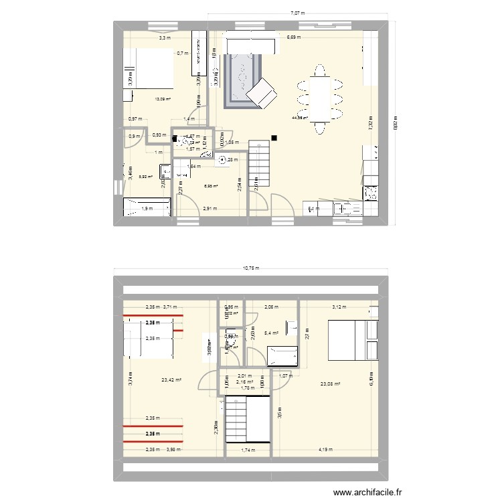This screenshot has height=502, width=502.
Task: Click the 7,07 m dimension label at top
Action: pyautogui.click(x=298, y=13)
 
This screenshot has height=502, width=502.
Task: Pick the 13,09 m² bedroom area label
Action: pyautogui.click(x=163, y=100)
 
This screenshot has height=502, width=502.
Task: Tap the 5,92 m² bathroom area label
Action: pyautogui.click(x=145, y=177)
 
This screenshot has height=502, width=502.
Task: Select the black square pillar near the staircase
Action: pyautogui.click(x=274, y=139)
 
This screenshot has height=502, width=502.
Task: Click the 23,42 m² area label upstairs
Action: pyautogui.click(x=171, y=380)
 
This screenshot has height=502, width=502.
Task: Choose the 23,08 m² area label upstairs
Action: pyautogui.click(x=331, y=384)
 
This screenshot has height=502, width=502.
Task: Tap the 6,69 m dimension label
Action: pyautogui.click(x=294, y=38)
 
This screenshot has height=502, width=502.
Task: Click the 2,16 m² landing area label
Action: pyautogui.click(x=244, y=382)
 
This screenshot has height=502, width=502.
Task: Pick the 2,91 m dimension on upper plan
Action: pyautogui.click(x=210, y=209)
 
